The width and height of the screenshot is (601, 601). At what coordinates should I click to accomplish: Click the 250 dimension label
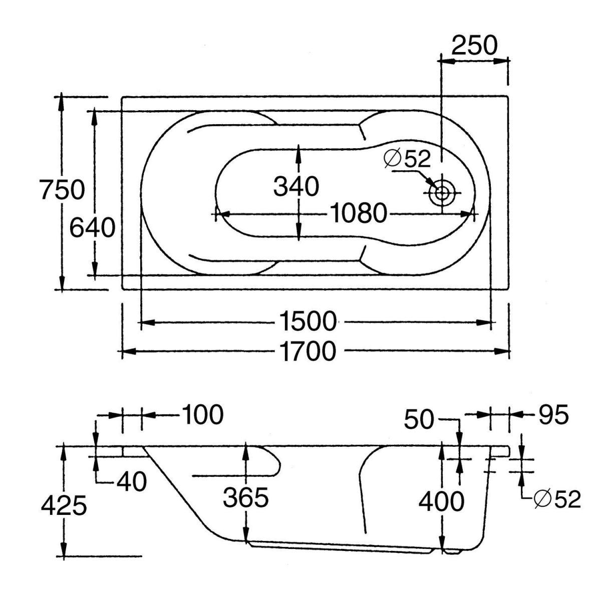click(474, 46)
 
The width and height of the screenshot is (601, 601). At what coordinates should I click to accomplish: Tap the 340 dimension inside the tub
click(296, 187)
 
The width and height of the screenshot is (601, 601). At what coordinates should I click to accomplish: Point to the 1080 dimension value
click(359, 214)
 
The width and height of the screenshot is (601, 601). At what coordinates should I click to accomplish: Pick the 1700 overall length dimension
click(308, 352)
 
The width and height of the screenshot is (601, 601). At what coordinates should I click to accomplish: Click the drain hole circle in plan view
click(442, 193)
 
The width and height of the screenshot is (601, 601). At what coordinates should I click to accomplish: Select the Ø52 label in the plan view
click(407, 159)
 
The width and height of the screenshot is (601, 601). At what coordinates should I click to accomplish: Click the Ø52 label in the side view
click(556, 499)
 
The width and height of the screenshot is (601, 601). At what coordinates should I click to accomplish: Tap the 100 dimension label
click(202, 415)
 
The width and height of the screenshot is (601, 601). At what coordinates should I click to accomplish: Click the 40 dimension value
click(132, 482)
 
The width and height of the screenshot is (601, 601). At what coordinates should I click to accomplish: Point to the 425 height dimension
click(64, 505)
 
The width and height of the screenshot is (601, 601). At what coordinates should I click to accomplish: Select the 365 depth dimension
click(246, 498)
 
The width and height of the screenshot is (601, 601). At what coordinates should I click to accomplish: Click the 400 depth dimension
click(441, 501)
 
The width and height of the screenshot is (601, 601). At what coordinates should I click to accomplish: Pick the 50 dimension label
click(419, 419)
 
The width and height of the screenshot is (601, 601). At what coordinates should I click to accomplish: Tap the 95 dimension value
click(553, 415)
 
